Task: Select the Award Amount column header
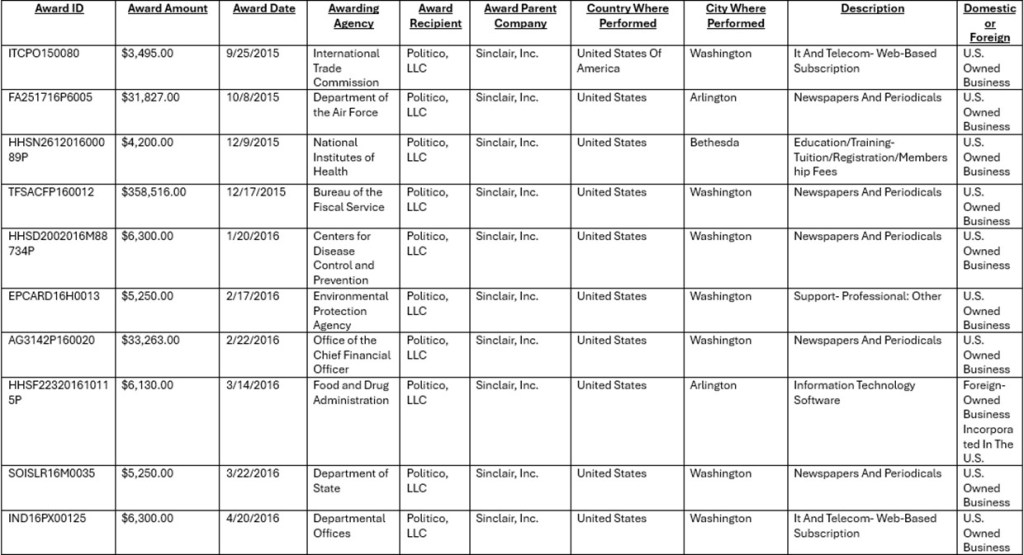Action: click(167, 9)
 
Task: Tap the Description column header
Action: click(872, 9)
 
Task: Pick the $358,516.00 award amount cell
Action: click(153, 192)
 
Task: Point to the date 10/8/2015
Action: click(253, 98)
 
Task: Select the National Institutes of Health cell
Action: click(344, 157)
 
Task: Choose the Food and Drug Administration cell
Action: click(351, 392)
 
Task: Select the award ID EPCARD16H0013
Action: click(54, 297)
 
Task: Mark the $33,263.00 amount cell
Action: click(150, 341)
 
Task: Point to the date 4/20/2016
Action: click(253, 519)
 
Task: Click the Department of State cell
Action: click(350, 481)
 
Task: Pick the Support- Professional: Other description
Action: click(867, 297)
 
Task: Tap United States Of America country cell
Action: click(618, 61)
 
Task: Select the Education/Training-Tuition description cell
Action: click(869, 157)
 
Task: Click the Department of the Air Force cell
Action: click(350, 105)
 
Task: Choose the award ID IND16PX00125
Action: click(47, 519)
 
